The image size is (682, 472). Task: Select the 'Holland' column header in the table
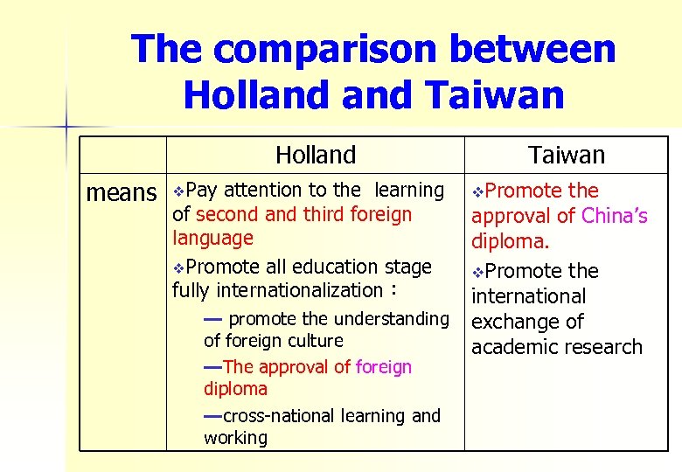pyautogui.click(x=316, y=156)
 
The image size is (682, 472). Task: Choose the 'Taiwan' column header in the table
pyautogui.click(x=567, y=156)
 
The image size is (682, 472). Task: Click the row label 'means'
pyautogui.click(x=121, y=192)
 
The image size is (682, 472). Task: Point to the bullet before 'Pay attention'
pyautogui.click(x=178, y=191)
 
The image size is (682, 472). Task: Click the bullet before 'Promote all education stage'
pyautogui.click(x=178, y=267)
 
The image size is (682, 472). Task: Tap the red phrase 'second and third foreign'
pyautogui.click(x=303, y=214)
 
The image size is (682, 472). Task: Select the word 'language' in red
pyautogui.click(x=212, y=238)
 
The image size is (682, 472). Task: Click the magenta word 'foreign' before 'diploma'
pyautogui.click(x=383, y=367)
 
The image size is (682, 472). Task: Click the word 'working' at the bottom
pyautogui.click(x=235, y=438)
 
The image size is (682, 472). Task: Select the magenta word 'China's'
pyautogui.click(x=615, y=216)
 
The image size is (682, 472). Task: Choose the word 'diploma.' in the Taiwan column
pyautogui.click(x=511, y=241)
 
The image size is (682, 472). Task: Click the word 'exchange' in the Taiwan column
pyautogui.click(x=514, y=322)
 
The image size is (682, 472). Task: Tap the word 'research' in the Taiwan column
pyautogui.click(x=601, y=347)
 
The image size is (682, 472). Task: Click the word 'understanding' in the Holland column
pyautogui.click(x=391, y=318)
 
